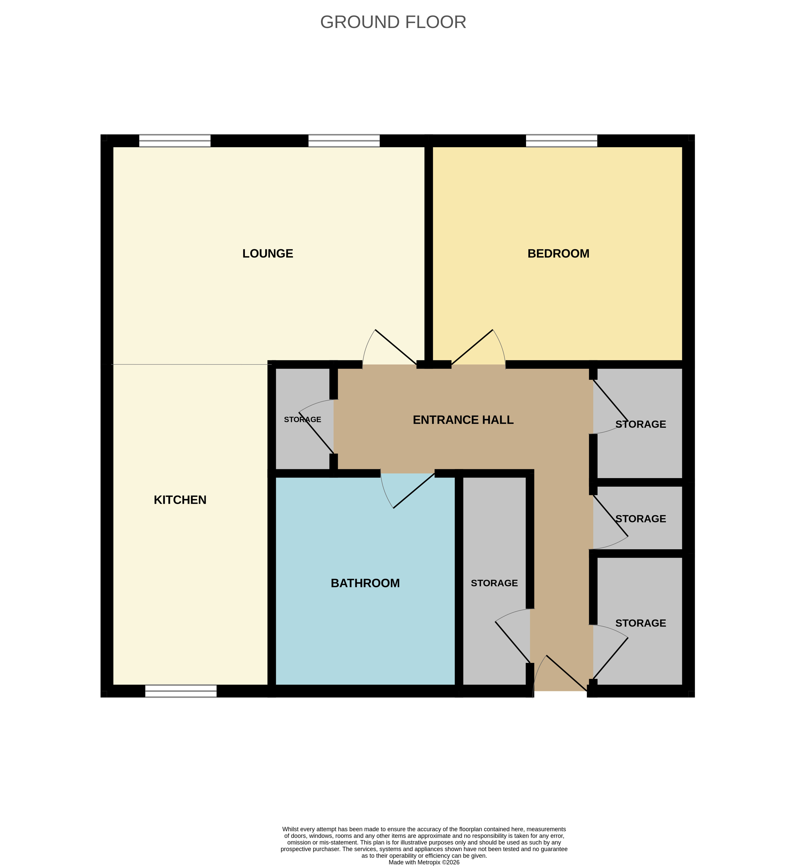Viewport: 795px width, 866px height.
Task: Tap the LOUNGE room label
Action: click(267, 253)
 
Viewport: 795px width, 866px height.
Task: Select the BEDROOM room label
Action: click(558, 253)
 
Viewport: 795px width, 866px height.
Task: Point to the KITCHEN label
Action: click(180, 500)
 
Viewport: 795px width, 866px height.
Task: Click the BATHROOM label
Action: click(365, 583)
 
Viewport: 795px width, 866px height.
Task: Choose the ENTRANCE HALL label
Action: click(463, 420)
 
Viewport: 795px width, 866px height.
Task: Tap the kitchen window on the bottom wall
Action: click(181, 691)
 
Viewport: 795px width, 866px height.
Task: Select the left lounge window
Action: click(175, 141)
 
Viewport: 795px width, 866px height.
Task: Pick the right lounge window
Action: click(344, 141)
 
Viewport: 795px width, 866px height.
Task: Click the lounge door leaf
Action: click(396, 347)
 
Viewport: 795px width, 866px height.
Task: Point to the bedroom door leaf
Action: click(472, 347)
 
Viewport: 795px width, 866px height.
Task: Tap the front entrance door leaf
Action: click(566, 673)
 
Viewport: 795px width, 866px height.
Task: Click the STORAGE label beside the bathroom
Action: click(494, 583)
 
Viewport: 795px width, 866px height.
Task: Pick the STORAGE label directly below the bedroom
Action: click(640, 424)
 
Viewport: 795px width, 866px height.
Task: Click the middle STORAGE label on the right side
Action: click(640, 519)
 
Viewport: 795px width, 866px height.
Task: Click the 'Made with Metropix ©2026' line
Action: click(424, 862)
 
